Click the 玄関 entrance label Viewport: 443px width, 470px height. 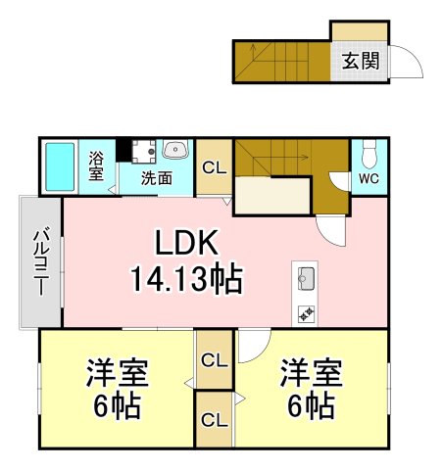(361, 61)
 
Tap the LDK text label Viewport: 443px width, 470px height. (187, 243)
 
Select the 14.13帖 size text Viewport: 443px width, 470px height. (187, 279)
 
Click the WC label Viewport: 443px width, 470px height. (369, 178)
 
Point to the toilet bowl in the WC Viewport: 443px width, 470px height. (369, 154)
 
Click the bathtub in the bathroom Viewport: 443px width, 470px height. (60, 166)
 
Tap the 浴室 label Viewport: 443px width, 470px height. (96, 165)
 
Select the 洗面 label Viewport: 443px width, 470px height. (157, 178)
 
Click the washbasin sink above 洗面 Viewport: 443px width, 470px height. (175, 149)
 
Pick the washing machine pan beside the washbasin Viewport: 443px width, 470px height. (143, 152)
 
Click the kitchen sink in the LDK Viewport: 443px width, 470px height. (307, 278)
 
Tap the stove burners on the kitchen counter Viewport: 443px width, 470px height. (307, 313)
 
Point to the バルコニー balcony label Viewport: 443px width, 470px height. (41, 262)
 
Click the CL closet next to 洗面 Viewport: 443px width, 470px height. (215, 167)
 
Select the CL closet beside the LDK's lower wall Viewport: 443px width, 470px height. (215, 360)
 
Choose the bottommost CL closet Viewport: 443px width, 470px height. (215, 420)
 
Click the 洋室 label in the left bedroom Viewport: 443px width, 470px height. (118, 373)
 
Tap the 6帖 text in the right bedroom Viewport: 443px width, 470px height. (311, 406)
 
